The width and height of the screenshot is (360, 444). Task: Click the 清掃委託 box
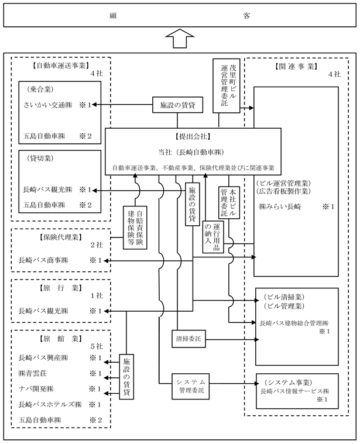coord(187,338)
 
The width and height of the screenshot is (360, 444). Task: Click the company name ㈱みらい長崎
coord(283,207)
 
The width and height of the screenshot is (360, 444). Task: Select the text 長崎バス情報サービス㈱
coord(296,390)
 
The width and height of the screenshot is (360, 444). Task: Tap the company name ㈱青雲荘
coord(37,373)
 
